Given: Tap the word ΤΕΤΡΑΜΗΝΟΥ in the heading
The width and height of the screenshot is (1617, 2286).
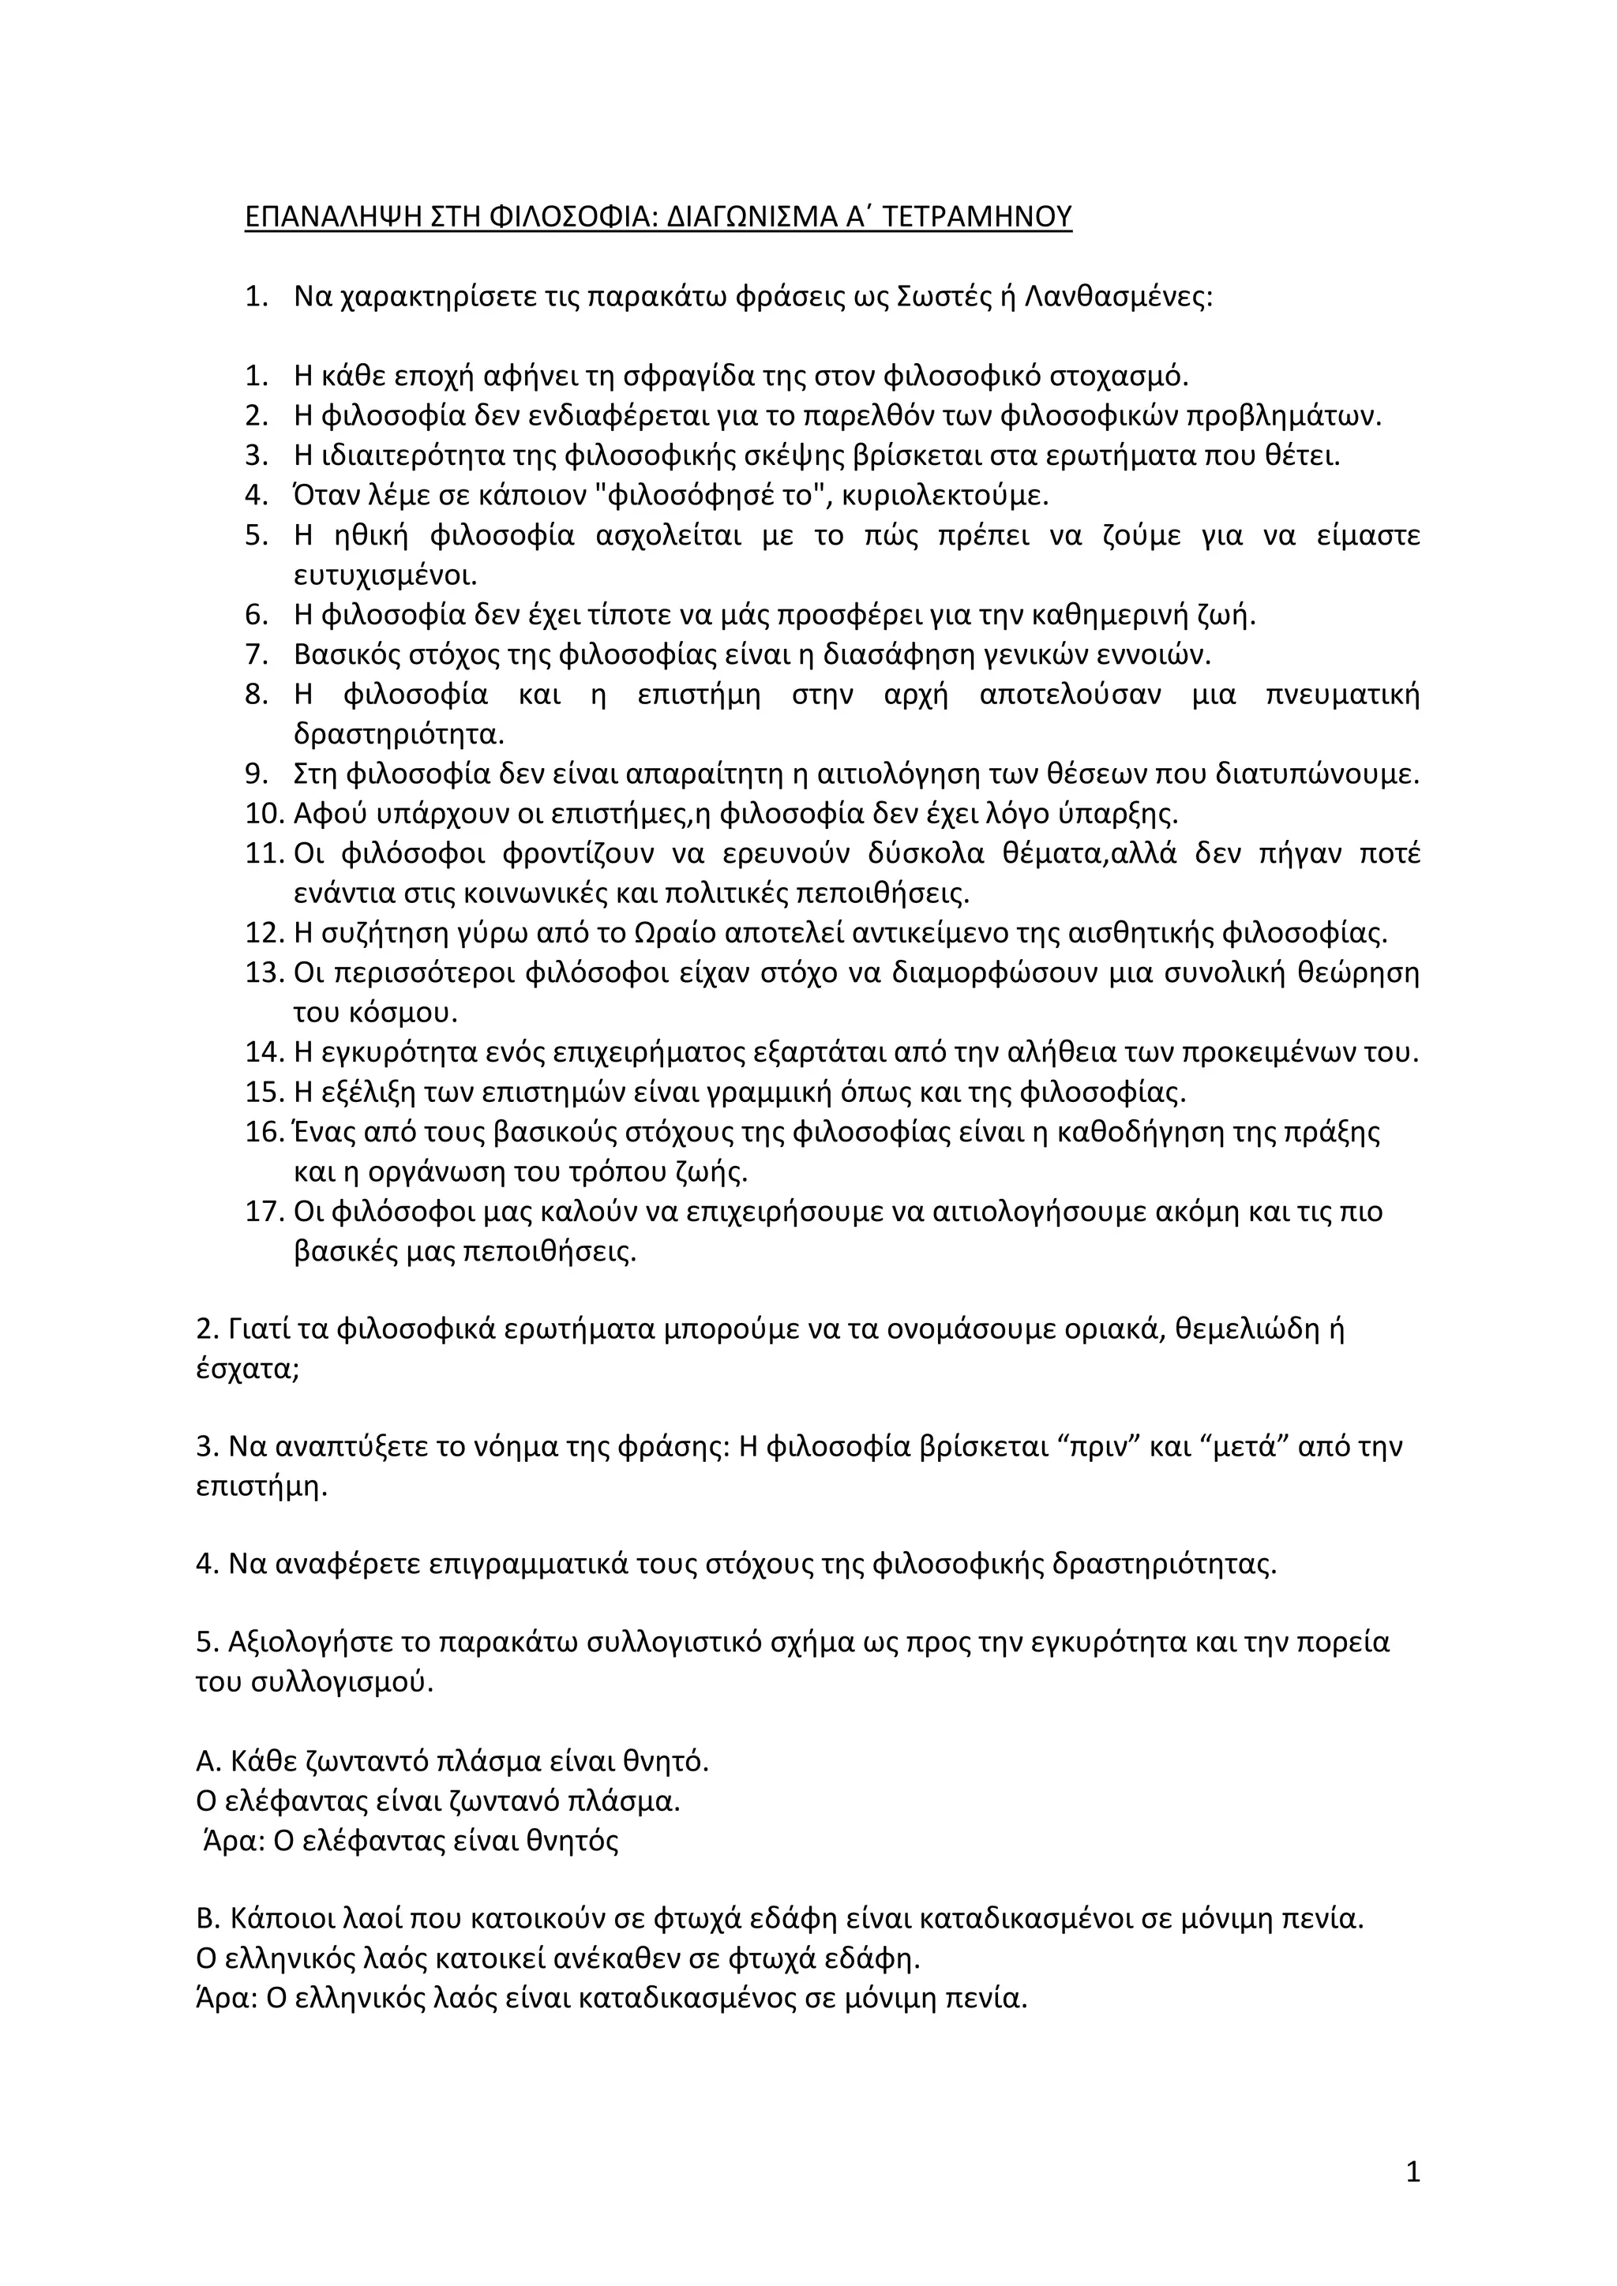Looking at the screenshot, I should pos(979,217).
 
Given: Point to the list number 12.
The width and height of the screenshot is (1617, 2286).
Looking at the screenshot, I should pos(264,934).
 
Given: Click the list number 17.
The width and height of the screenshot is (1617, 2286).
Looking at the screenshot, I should pos(264,1212).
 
